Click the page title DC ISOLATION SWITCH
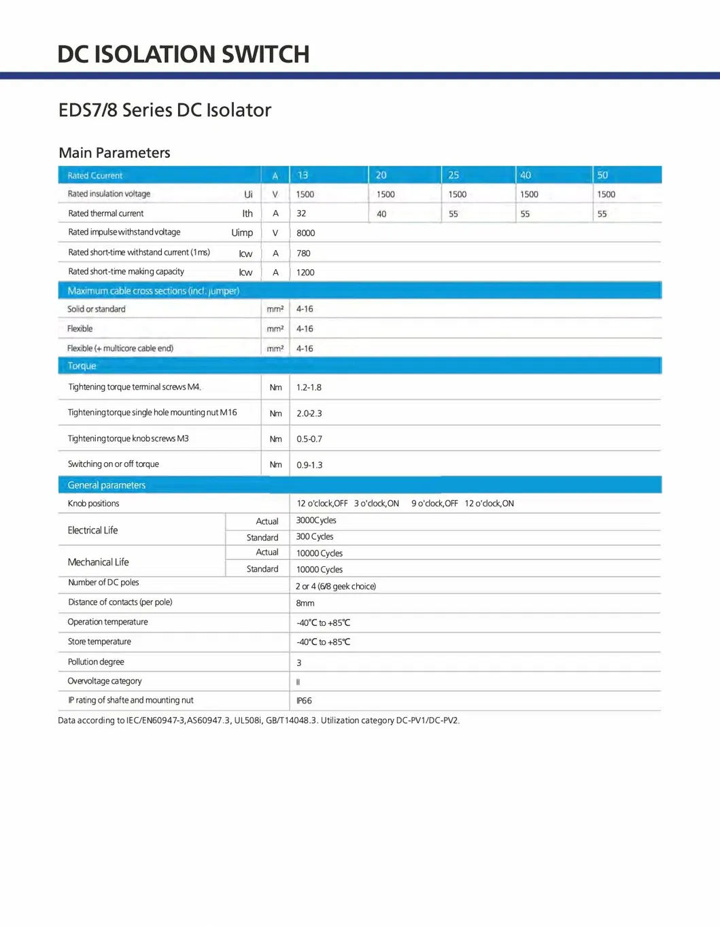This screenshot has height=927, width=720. tap(184, 54)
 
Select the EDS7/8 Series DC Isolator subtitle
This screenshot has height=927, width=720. tap(165, 110)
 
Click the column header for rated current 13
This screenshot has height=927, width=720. tap(303, 175)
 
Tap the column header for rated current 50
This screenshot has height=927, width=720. tap(602, 175)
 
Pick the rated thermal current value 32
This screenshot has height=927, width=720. tap(301, 213)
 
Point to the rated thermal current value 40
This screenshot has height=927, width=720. tap(381, 214)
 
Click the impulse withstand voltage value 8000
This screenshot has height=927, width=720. tap(305, 233)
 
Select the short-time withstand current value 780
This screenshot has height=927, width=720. tap(303, 253)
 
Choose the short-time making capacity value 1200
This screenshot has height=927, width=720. tap(305, 273)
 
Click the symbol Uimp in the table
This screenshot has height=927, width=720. tap(242, 232)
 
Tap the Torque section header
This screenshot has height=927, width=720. tap(82, 366)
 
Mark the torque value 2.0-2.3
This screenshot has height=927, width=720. tap(309, 413)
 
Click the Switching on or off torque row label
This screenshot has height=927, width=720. tap(114, 464)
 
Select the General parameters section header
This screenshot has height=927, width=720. tap(107, 485)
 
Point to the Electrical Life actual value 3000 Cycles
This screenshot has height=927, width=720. tap(316, 521)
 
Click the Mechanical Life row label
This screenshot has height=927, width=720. tap(98, 562)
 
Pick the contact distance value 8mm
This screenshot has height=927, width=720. tap(305, 604)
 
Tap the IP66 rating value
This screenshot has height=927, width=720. tap(304, 701)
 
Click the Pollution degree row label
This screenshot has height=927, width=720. tap(96, 662)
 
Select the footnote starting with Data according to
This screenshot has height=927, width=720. tap(258, 720)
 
